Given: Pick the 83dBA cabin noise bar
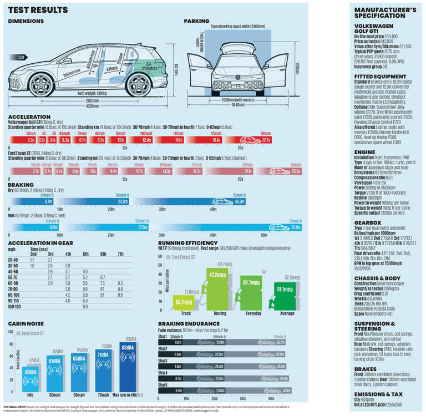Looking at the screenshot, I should point(128,366).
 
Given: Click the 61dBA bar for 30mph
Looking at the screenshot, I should point(54,372).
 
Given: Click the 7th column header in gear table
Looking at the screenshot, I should point(121,253).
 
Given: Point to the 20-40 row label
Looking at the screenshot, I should point(13,259).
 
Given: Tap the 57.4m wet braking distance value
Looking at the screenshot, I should point(295,227).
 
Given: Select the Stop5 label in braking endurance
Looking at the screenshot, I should point(163,384).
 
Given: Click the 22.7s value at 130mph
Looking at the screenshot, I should point(266,141).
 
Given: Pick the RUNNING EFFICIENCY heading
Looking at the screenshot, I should point(187,243).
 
